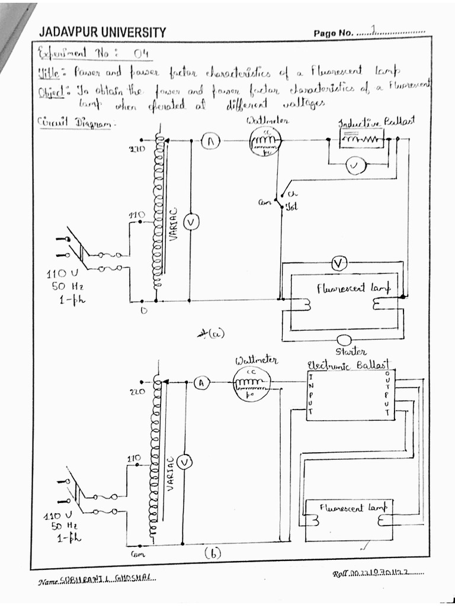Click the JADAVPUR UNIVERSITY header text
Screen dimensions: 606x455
pos(102,32)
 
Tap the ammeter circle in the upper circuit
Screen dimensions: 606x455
pos(211,141)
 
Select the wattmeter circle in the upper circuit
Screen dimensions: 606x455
pos(264,141)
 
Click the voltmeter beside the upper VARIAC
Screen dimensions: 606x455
pos(191,222)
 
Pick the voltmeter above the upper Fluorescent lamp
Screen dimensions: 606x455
pos(338,263)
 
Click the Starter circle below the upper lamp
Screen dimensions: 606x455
pos(343,340)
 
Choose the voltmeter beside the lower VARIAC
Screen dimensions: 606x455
pos(184,462)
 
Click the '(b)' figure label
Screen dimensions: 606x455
pos(212,553)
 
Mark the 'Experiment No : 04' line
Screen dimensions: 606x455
pos(94,54)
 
